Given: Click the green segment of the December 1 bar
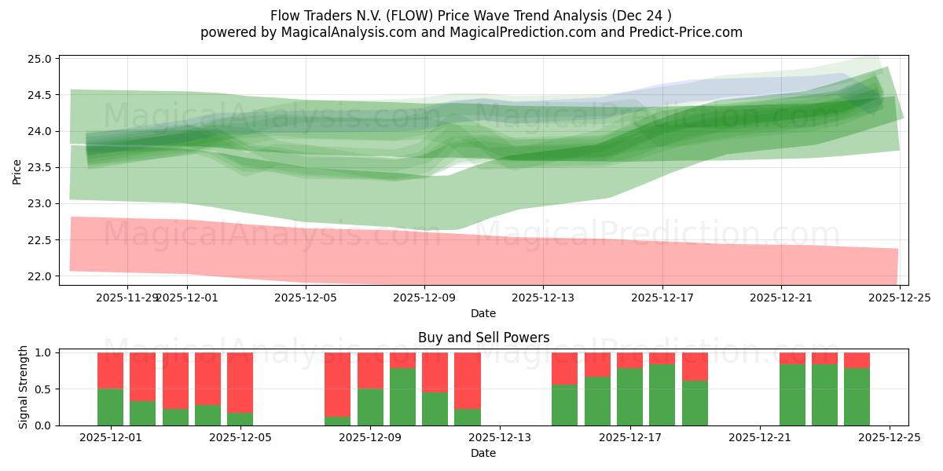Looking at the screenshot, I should tap(111, 407).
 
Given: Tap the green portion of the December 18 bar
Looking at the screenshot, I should tap(662, 394).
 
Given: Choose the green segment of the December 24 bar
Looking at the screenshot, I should tap(857, 396).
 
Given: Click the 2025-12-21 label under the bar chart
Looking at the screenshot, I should tap(760, 438).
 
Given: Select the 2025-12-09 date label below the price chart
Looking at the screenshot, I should tap(424, 298).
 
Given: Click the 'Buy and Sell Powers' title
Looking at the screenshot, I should tap(483, 338).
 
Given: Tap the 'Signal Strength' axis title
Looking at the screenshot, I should tap(24, 387).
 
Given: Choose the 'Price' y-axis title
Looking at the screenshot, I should tap(17, 172).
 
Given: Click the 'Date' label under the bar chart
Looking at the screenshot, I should tap(483, 453).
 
